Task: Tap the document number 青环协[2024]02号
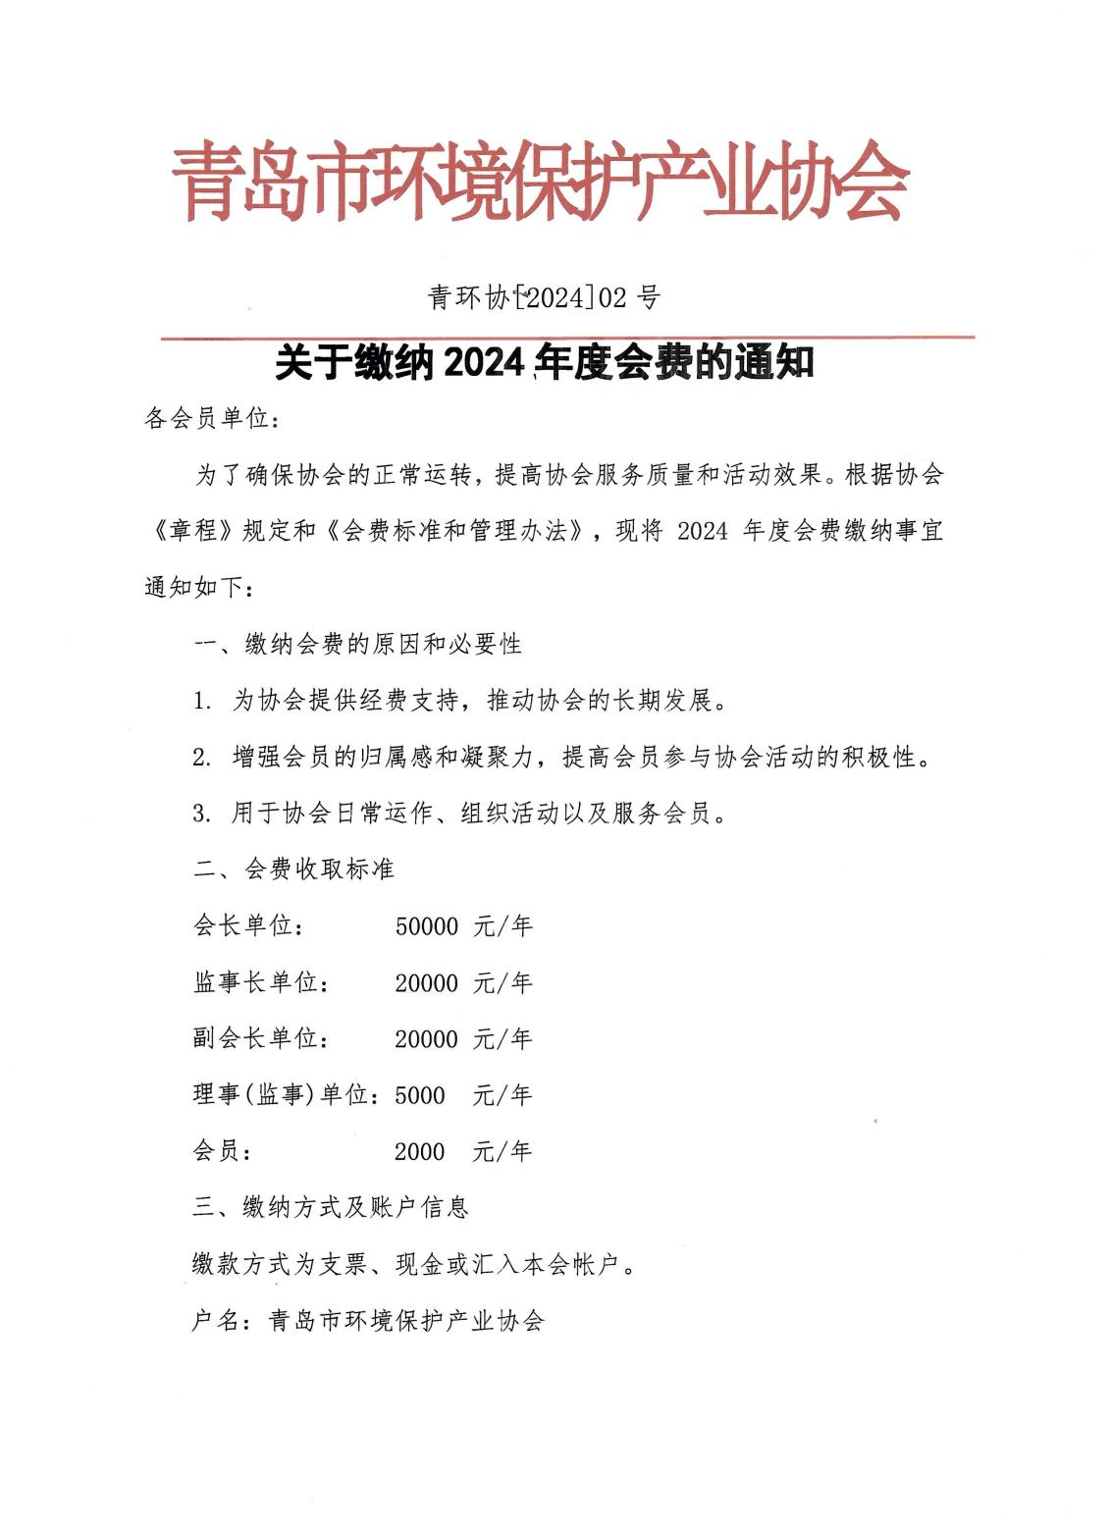pos(544,296)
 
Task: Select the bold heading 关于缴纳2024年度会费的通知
pos(545,363)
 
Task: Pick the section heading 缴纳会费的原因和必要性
pos(384,645)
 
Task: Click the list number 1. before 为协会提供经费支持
pos(202,702)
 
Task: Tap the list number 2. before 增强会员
pos(202,758)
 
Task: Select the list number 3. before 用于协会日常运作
pos(202,814)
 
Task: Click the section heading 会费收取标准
pos(319,869)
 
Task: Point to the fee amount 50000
pos(427,926)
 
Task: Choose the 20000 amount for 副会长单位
pos(427,1039)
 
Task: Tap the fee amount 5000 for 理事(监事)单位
pos(420,1095)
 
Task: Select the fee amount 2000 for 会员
pos(420,1152)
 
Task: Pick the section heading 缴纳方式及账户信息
pos(355,1208)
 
